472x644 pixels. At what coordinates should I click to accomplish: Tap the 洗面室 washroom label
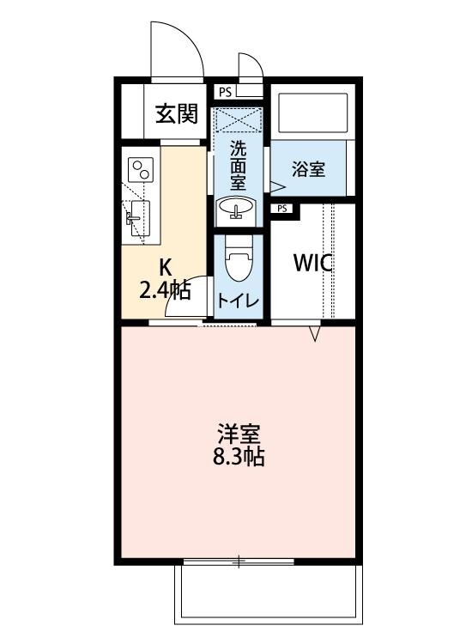click(238, 164)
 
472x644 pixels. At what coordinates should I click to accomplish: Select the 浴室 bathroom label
click(308, 168)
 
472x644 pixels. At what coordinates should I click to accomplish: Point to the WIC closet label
click(313, 264)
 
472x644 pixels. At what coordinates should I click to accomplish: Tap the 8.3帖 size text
click(238, 457)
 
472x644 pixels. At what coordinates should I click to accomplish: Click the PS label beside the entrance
click(224, 91)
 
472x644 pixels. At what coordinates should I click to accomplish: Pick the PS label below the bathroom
click(282, 208)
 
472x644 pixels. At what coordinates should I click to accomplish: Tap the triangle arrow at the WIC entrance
click(314, 334)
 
